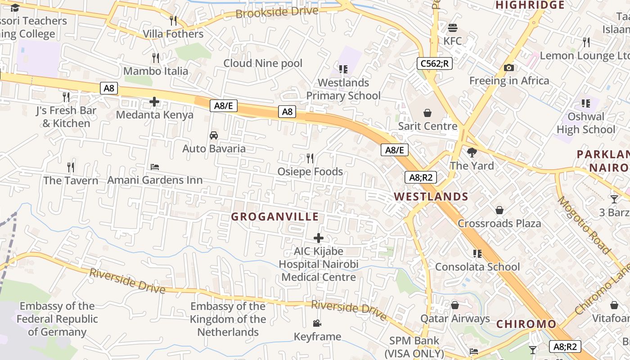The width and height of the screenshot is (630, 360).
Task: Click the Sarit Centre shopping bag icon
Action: coord(427,112)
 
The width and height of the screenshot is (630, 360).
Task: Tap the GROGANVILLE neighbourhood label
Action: coord(275,216)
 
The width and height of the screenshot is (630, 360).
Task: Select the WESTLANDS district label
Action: coord(431,197)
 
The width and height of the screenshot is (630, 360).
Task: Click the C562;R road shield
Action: coord(434,63)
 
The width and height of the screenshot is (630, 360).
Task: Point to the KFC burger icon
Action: coord(453,28)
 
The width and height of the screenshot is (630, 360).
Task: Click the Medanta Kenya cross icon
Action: coord(154,102)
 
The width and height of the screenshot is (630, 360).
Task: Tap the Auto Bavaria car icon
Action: coord(214,135)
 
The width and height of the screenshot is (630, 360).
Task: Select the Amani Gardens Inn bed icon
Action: coord(155,167)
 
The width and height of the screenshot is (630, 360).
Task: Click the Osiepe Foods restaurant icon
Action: coord(310,158)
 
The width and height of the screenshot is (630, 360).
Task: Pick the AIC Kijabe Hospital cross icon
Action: coord(319,238)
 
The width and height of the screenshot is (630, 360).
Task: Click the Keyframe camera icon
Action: coord(317,324)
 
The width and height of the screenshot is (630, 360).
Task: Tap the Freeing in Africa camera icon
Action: coord(509,68)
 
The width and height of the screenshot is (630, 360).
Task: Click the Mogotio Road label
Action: coord(584,225)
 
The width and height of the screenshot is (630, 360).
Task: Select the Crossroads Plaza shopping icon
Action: coord(499,210)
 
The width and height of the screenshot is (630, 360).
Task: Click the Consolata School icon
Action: coord(477,254)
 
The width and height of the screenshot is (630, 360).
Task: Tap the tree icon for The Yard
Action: coord(472,153)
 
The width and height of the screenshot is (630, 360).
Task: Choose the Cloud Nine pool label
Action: coord(263,63)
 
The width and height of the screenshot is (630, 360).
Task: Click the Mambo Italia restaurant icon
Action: coord(156,58)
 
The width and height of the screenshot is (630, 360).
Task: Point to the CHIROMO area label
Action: coord(526,324)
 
